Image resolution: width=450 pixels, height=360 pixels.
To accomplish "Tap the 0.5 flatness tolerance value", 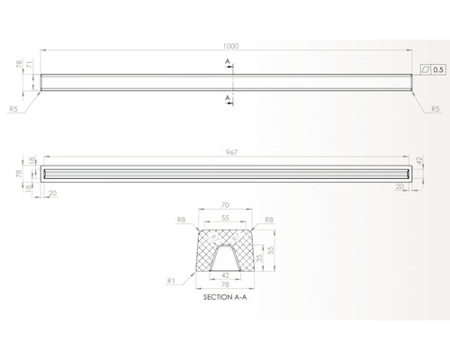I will [438, 68].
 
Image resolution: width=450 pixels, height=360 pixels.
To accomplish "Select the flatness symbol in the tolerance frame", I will [426, 68].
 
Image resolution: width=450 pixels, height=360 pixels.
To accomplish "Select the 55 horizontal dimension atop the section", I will [225, 219].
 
